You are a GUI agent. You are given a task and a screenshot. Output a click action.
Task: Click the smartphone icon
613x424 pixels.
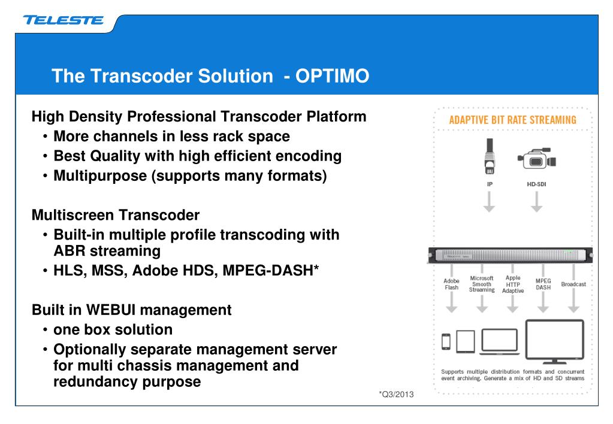[x=445, y=341]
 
